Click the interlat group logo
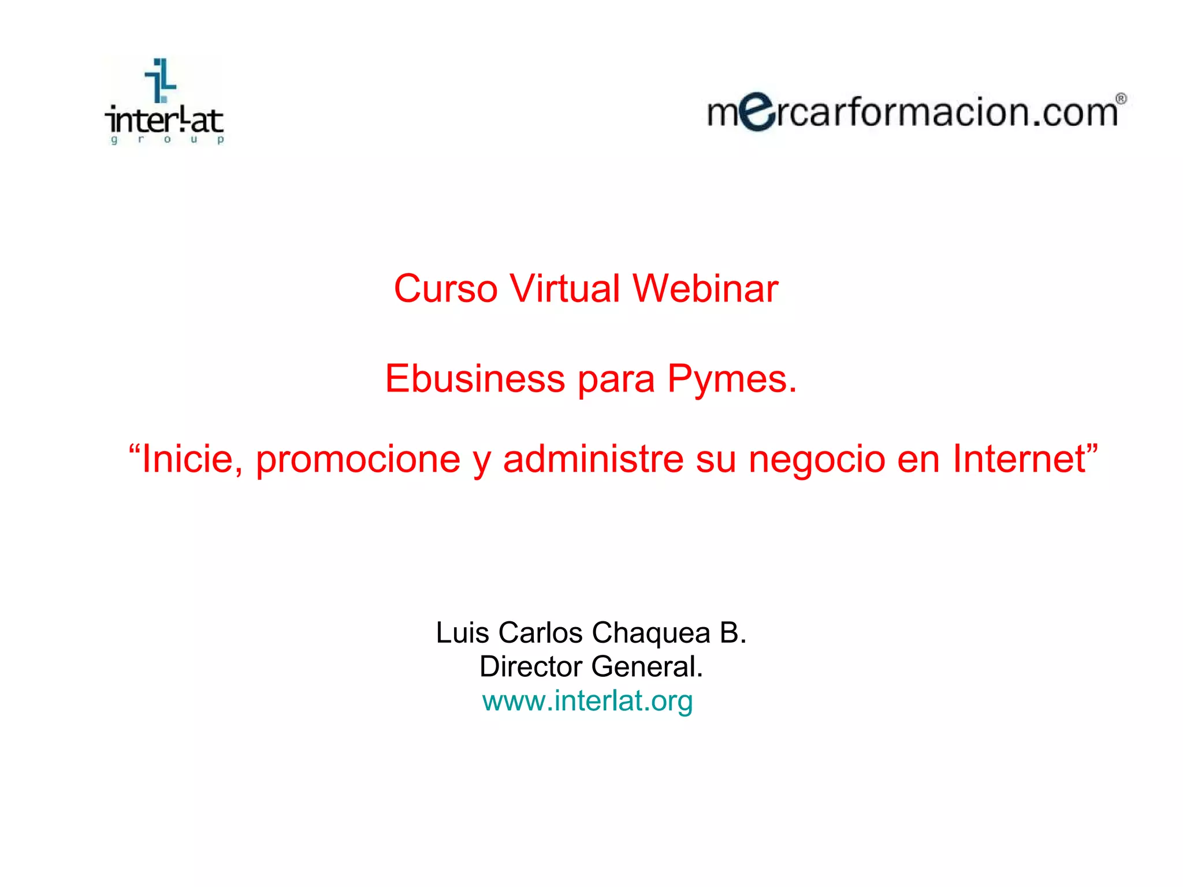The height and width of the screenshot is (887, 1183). tap(165, 102)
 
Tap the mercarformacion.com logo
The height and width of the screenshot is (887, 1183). tap(915, 111)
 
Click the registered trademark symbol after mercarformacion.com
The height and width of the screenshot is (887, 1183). tap(1120, 99)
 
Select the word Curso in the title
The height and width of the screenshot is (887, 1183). tap(445, 288)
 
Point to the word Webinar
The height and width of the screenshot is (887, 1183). tap(705, 288)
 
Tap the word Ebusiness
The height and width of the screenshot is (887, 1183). tap(475, 379)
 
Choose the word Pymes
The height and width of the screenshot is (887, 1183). tap(732, 379)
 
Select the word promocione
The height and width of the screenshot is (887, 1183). tap(358, 459)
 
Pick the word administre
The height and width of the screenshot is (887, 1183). tap(593, 459)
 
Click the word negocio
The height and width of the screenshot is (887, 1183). tap(817, 459)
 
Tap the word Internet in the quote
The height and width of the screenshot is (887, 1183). tap(1019, 459)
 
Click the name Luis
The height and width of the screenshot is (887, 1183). tap(463, 632)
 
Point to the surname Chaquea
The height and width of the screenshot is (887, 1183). tap(651, 632)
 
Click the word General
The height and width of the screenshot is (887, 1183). tap(647, 666)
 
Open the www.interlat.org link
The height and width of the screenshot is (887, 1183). tap(587, 700)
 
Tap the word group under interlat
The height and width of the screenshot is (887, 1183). tap(166, 139)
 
